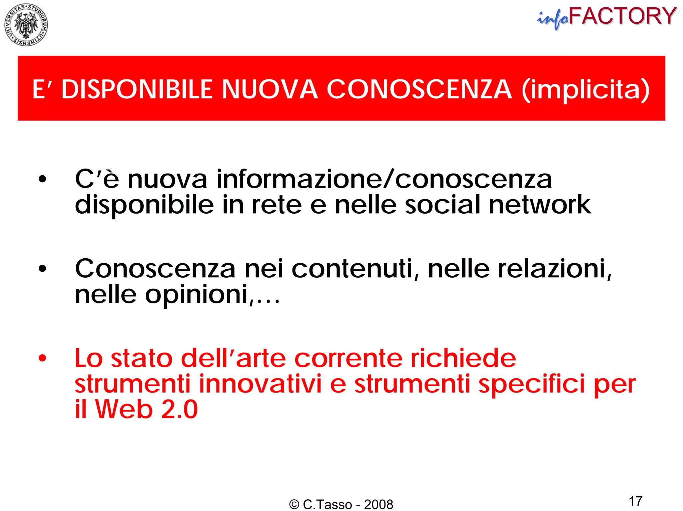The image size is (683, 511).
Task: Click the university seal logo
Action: point(26,25)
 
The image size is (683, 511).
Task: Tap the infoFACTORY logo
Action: point(607,17)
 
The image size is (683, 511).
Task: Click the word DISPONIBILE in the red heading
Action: point(137,89)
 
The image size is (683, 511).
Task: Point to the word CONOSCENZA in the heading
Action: point(419,89)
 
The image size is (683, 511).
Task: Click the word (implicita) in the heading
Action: point(585,89)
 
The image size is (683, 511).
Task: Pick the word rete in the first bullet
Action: point(276,205)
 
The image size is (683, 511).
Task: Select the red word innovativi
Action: point(260,384)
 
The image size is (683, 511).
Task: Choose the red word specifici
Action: point(532,384)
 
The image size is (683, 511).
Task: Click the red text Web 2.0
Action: point(146,409)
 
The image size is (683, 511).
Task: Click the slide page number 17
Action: point(635,501)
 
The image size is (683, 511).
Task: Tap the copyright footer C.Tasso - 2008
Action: point(341,504)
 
